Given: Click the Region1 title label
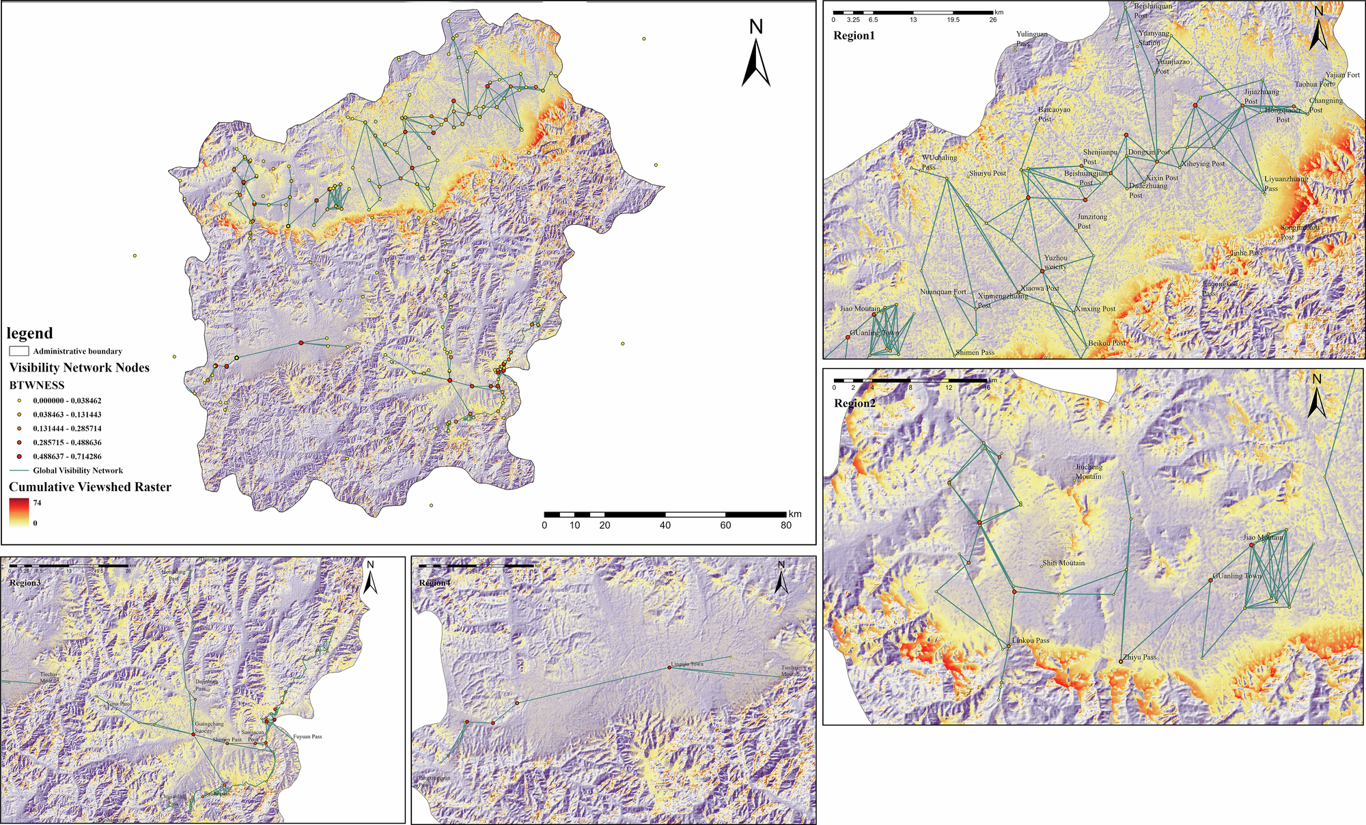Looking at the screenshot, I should (853, 36).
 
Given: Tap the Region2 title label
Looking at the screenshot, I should (854, 403).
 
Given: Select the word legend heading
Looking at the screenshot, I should (29, 333).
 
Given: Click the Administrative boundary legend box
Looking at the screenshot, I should (19, 351).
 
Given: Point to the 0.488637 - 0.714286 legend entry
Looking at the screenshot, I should (67, 456).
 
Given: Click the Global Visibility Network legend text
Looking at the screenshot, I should (78, 471).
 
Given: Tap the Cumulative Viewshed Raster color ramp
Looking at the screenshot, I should (19, 512).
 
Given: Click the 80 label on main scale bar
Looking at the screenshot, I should (786, 525).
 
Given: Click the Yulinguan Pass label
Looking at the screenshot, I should (1031, 38).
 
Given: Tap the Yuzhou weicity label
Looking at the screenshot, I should (1055, 262).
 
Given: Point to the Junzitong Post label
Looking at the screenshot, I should (1092, 221).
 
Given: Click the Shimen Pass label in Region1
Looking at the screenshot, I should (975, 352).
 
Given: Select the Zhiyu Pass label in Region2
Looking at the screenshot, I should (1140, 657).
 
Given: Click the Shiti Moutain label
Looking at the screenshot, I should (1063, 563).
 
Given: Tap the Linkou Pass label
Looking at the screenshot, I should (1031, 641).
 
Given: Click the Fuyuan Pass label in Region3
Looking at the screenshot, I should (307, 737).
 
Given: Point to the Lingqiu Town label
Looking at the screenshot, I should (687, 664).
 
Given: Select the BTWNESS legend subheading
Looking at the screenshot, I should (37, 385).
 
